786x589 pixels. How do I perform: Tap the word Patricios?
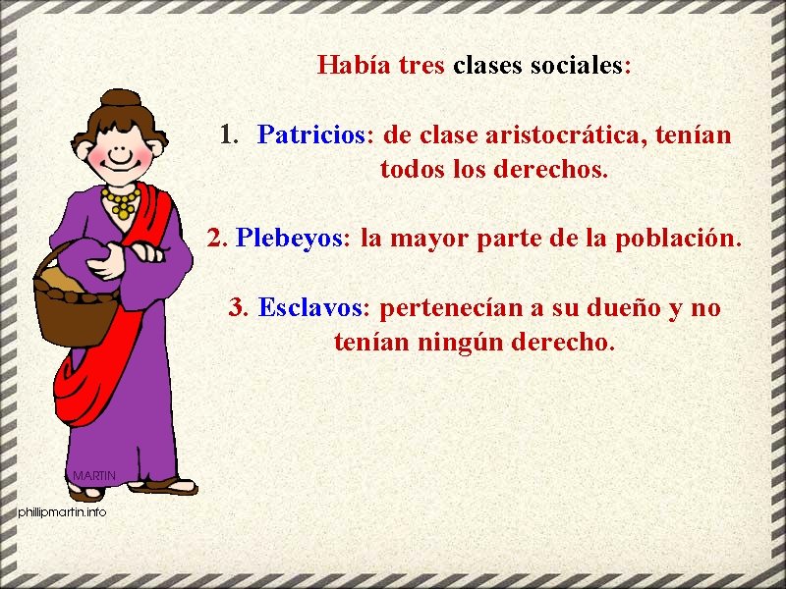tap(310, 134)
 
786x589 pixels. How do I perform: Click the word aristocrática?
tap(562, 134)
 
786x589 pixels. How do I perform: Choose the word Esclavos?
tap(309, 308)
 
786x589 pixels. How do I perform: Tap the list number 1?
tap(228, 134)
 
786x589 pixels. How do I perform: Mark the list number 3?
tap(237, 308)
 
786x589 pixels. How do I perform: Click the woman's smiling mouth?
tap(119, 160)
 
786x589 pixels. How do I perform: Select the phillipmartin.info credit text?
tap(61, 512)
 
